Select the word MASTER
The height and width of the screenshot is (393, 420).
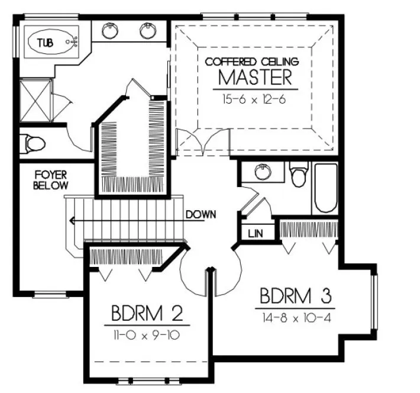coord(255,78)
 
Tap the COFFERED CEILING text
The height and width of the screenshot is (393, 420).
coord(252,61)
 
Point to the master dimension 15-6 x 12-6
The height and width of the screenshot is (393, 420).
coord(254,99)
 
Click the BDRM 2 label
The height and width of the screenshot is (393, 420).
coord(147,312)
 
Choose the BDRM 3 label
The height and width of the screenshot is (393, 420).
coord(294,295)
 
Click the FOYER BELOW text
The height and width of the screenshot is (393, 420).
coord(50,180)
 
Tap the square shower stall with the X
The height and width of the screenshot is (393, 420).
coord(35,102)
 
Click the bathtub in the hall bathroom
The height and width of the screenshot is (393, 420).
coord(325,188)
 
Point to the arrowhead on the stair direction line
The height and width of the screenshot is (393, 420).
coord(71,221)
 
